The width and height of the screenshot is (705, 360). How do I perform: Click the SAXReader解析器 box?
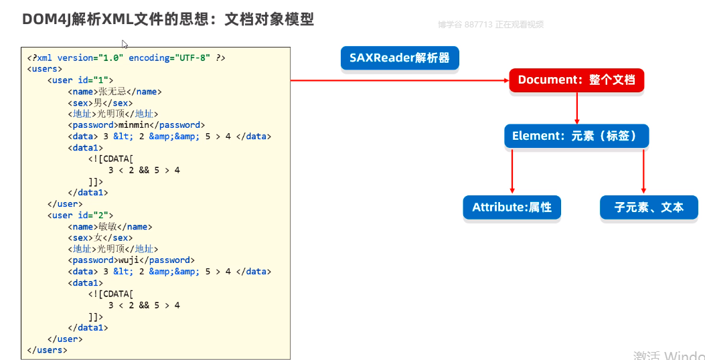(400, 58)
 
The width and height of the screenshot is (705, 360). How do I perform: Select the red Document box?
(576, 80)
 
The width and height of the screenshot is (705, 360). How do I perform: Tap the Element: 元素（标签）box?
(576, 136)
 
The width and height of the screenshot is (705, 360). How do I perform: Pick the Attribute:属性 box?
(512, 207)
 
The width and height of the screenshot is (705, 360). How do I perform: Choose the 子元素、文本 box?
(649, 207)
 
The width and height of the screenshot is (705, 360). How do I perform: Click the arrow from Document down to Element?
(577, 108)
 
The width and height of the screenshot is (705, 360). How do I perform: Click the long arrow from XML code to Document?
(400, 80)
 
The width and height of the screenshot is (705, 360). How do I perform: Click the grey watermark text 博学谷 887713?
(465, 25)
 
